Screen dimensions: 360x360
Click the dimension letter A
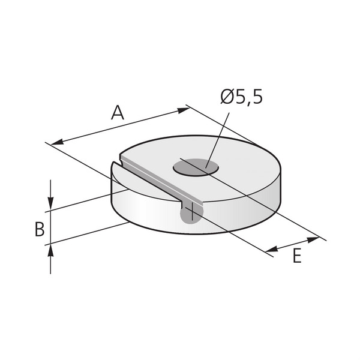tap(118, 112)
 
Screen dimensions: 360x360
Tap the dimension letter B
tap(39, 229)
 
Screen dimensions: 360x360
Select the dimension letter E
tap(296, 256)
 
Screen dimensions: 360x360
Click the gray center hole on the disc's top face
tap(196, 167)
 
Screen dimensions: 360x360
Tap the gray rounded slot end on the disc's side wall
tap(190, 213)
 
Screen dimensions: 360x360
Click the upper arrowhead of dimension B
tap(51, 205)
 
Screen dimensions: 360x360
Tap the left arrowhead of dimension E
tap(271, 250)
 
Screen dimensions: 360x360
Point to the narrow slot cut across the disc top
tap(156, 182)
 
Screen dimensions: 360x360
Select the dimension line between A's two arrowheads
tap(120, 126)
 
